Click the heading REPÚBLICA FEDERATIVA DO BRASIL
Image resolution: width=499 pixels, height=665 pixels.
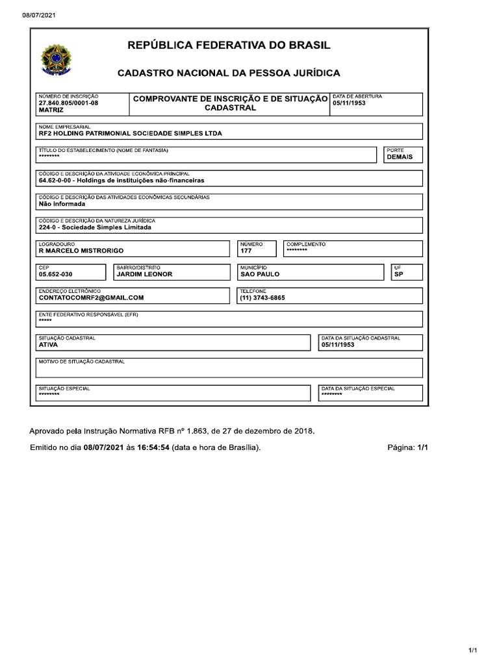[229, 45]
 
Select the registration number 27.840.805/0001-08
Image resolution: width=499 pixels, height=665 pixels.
[69, 103]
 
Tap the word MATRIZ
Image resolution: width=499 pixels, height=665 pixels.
[51, 110]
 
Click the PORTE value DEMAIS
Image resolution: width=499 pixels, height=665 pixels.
[399, 157]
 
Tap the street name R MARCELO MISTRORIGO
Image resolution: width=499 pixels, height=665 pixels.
[81, 251]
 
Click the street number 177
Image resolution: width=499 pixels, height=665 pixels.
[246, 251]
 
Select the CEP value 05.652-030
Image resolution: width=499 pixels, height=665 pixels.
[56, 274]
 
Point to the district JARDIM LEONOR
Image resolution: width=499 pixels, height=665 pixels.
[144, 274]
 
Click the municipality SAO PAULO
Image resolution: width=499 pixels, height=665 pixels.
[259, 274]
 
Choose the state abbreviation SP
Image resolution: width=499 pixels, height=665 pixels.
[398, 274]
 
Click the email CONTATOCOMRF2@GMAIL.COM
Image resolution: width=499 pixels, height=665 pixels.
[91, 297]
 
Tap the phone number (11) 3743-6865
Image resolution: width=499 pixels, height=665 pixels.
[262, 297]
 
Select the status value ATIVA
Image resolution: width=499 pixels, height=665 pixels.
[48, 345]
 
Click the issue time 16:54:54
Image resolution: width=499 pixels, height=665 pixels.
[153, 447]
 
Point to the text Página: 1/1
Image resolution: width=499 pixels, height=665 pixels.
[407, 447]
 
